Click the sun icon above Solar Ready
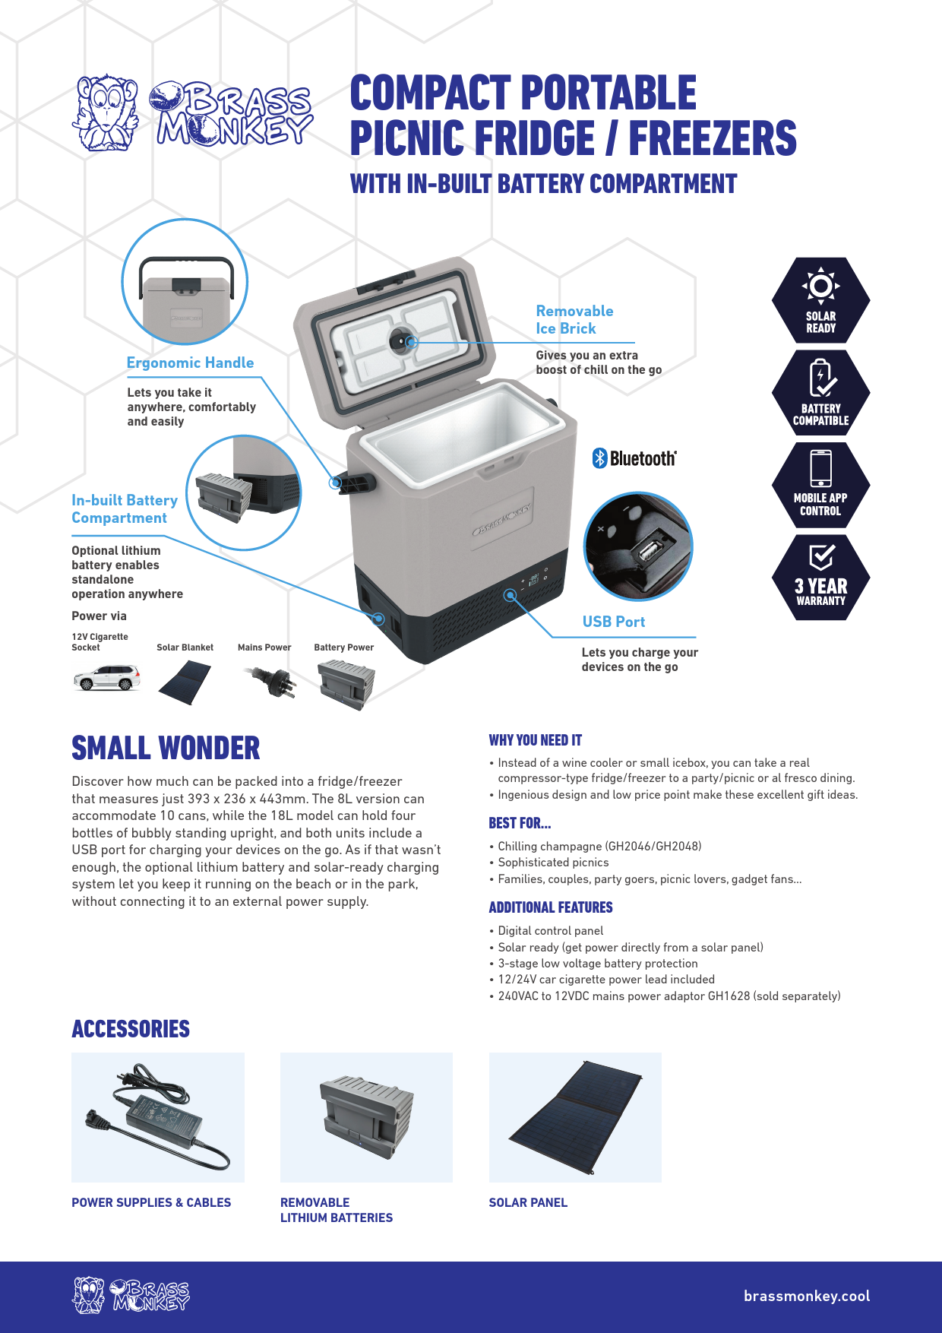pos(820,287)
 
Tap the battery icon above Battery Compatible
pos(820,378)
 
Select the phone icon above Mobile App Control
pos(820,468)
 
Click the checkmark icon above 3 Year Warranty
pos(821,557)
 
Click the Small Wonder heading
pos(166,748)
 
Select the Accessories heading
pos(131,1029)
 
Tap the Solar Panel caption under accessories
pos(528,1202)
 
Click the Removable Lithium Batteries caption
pos(336,1210)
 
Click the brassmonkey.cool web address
pos(806,1297)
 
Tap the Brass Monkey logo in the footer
pos(131,1295)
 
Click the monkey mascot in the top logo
pos(105,112)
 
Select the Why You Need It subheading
pos(536,740)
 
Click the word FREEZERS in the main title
pos(712,138)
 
